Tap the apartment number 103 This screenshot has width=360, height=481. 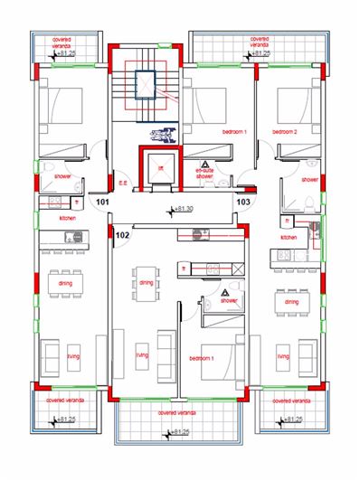coord(242,202)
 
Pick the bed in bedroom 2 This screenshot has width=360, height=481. coord(293,105)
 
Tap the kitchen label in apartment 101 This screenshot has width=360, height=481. coord(66,219)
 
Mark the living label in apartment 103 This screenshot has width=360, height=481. coord(283,356)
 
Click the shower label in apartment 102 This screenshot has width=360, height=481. coord(227,300)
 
